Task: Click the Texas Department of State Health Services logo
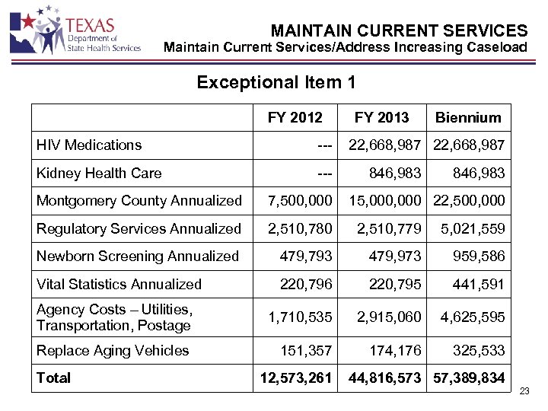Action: (x=75, y=30)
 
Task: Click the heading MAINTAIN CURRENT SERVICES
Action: (x=399, y=30)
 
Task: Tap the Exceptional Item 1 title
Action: (x=276, y=82)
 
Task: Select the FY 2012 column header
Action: (x=295, y=117)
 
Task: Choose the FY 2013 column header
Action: (x=381, y=117)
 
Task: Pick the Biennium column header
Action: (x=468, y=117)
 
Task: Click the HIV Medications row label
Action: (x=89, y=145)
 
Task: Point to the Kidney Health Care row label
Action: (x=99, y=173)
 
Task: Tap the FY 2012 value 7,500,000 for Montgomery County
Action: (x=301, y=200)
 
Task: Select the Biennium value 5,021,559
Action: (x=473, y=228)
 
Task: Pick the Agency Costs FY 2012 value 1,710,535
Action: (x=301, y=317)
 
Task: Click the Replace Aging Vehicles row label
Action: (x=113, y=350)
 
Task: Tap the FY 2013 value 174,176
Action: (x=389, y=350)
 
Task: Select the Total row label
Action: (x=53, y=378)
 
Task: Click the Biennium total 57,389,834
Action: (x=469, y=378)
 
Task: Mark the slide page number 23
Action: (x=524, y=391)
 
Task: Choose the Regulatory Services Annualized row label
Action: (x=139, y=228)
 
